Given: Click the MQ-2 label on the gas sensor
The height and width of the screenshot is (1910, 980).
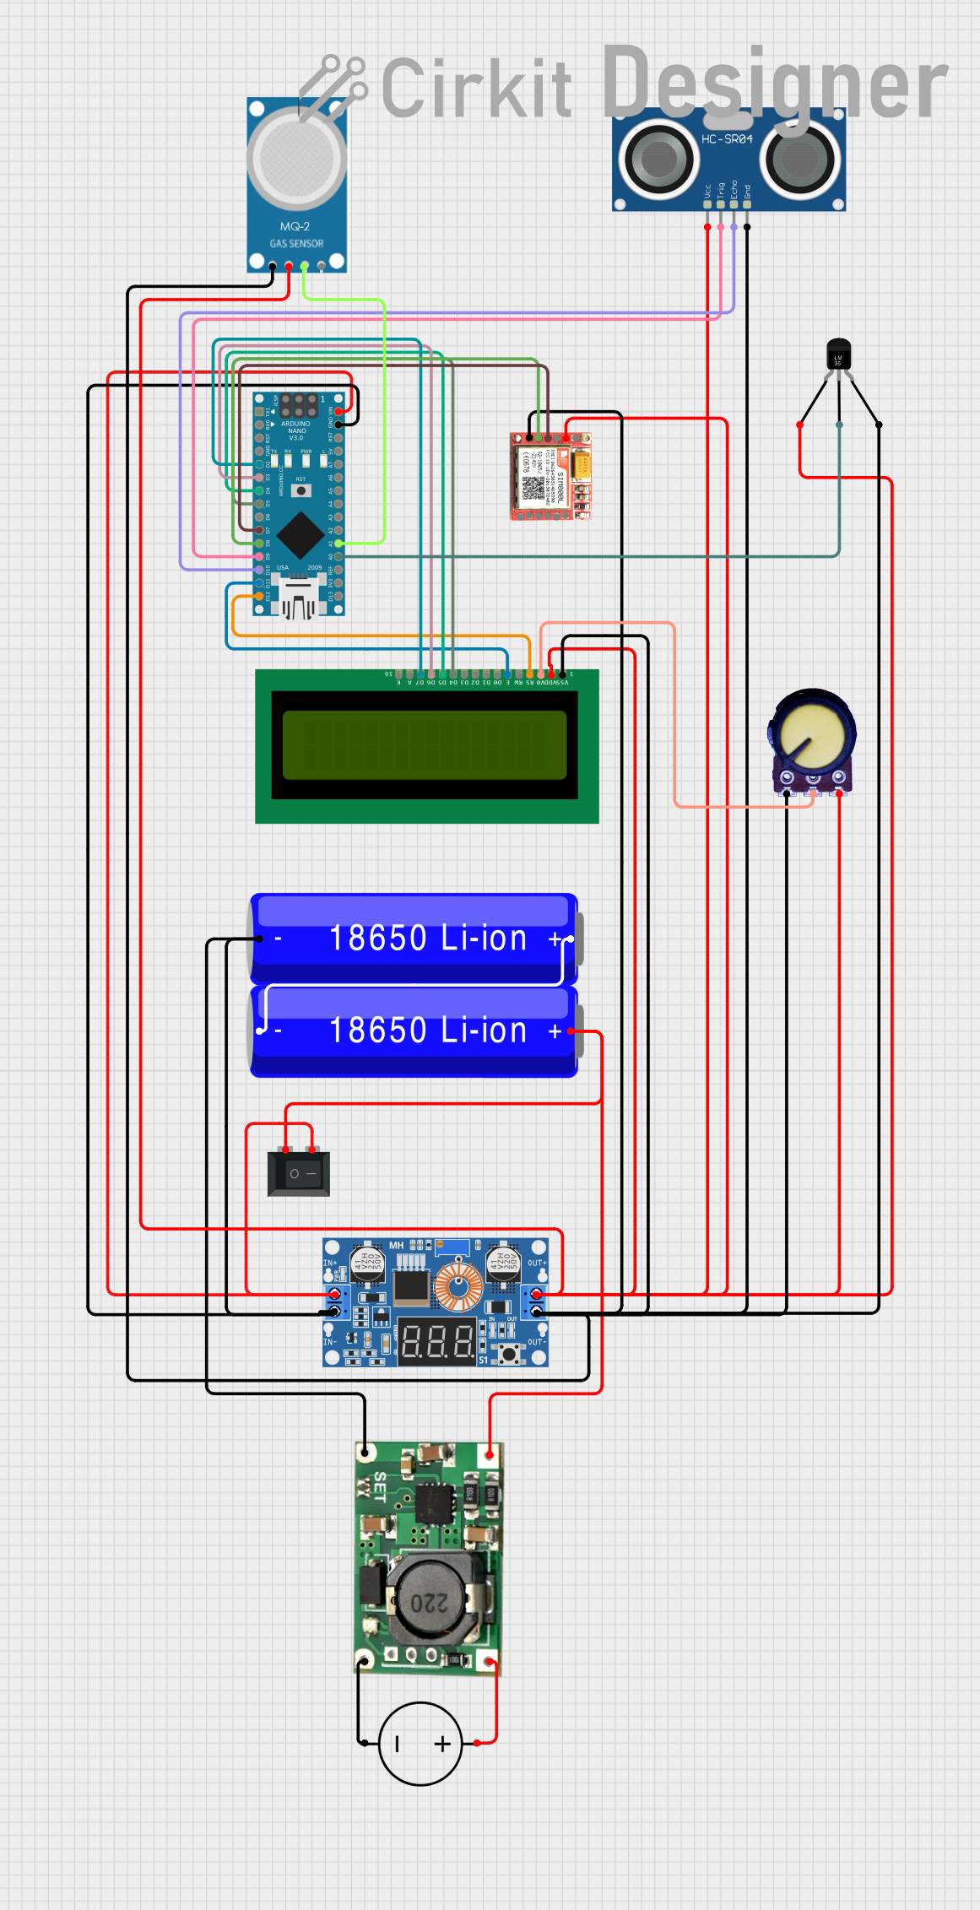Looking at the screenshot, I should pos(295,226).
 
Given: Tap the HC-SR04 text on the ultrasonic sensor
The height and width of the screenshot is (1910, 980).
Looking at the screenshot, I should pos(727,138).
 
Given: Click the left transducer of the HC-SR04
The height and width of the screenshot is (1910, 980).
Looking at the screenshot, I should pos(658,158).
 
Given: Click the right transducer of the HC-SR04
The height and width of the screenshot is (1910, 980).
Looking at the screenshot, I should pos(799,159).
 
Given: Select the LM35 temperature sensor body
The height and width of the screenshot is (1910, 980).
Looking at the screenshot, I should pos(838,354).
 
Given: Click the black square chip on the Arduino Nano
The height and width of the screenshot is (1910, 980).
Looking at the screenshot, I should pos(300,534).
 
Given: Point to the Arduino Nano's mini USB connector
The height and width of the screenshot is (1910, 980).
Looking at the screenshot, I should pos(297,598).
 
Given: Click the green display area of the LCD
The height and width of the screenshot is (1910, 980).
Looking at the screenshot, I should pos(424,744).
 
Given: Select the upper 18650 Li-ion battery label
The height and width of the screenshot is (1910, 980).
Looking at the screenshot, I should pos(428,939).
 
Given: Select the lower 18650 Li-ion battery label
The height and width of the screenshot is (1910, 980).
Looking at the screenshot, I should pos(428,1031).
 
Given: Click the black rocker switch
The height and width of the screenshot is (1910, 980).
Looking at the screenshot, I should pos(299,1173).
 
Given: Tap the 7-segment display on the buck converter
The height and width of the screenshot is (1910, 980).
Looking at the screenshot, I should pos(437,1340).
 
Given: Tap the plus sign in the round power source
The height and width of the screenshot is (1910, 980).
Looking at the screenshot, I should pos(442,1744).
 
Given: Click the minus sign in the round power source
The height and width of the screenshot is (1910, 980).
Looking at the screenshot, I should pos(398,1744).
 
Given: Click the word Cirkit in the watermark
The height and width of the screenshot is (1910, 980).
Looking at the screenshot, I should pos(477,88).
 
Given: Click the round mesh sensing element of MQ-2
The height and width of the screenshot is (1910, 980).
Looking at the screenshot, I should pos(296,158).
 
